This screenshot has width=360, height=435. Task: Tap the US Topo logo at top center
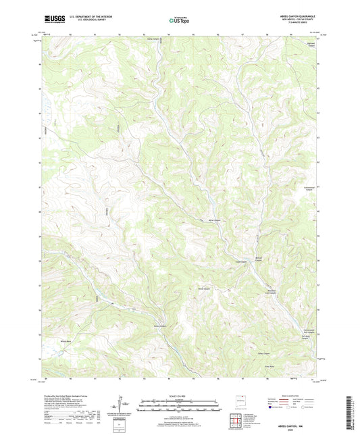click(179, 20)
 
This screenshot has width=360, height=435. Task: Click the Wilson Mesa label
click(66, 341)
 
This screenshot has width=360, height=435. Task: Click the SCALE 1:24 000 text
click(179, 396)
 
